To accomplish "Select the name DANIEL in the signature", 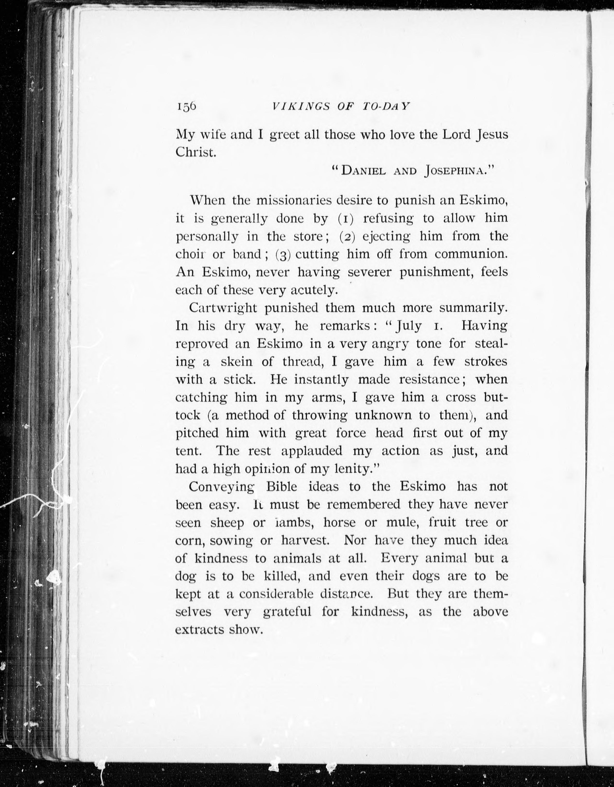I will tap(363, 170).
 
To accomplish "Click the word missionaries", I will tap(294, 200).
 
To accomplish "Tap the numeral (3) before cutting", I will tap(283, 255).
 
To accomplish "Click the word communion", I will tap(471, 254).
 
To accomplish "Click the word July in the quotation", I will tap(409, 326).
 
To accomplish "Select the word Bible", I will tap(281, 487).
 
